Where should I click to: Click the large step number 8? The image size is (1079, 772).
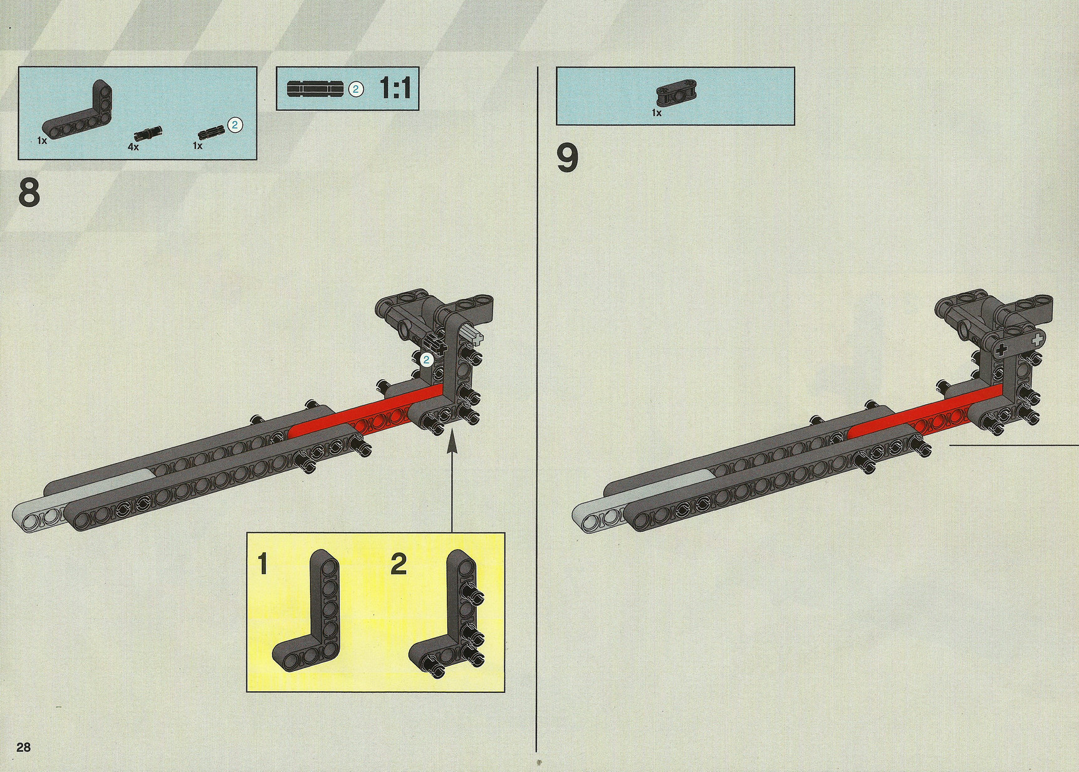pos(29,192)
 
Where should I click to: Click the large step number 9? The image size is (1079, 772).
pos(568,158)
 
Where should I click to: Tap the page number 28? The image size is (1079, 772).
pos(24,747)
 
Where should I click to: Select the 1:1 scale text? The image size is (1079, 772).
pos(395,88)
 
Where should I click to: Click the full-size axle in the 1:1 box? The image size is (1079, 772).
pos(315,89)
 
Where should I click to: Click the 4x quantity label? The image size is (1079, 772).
pos(133,147)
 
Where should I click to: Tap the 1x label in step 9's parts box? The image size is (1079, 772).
pos(657,113)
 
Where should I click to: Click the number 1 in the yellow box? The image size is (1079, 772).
pos(263,564)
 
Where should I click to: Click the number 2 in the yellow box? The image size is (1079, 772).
pos(399,564)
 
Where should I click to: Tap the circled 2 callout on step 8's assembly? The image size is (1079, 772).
pos(426,360)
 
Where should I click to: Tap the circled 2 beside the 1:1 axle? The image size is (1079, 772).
pos(356,89)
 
